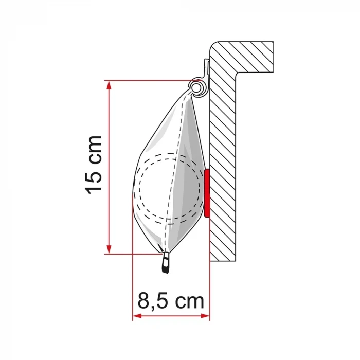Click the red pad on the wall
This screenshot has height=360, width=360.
click(207, 193)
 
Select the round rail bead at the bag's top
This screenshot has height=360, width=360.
click(197, 88)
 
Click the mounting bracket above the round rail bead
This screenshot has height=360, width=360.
click(206, 69)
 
